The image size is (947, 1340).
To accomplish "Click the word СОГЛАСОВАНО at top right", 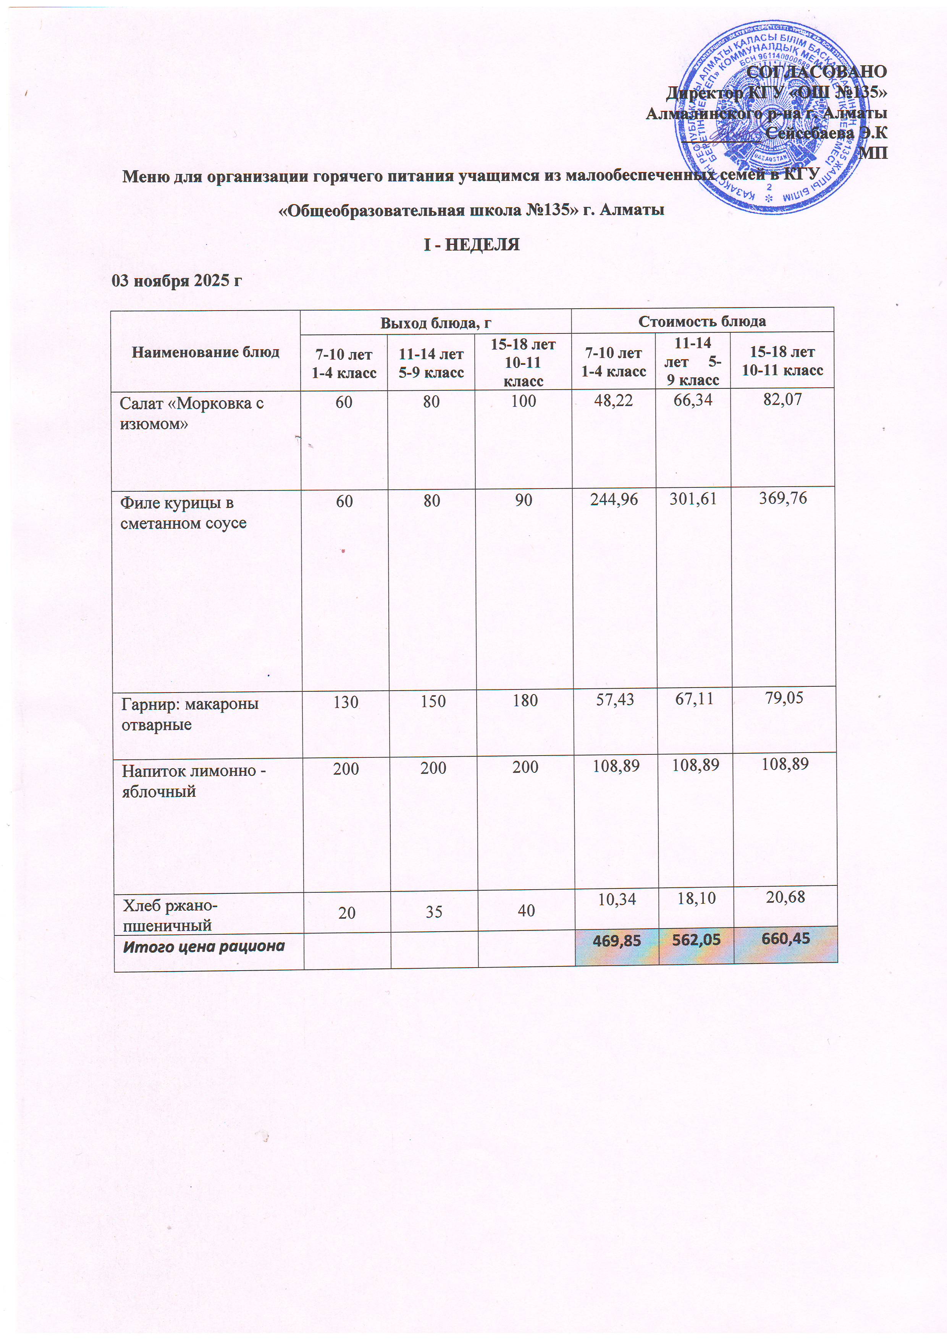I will coord(816,72).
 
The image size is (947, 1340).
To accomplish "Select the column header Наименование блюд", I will coord(205,352).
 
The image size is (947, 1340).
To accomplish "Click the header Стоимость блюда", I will coord(701,321).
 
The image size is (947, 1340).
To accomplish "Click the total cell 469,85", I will coord(616,941).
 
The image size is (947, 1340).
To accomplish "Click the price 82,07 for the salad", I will coord(782,400).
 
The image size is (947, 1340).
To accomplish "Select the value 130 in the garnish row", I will coord(346,702).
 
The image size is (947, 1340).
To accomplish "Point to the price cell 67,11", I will coord(694,699).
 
